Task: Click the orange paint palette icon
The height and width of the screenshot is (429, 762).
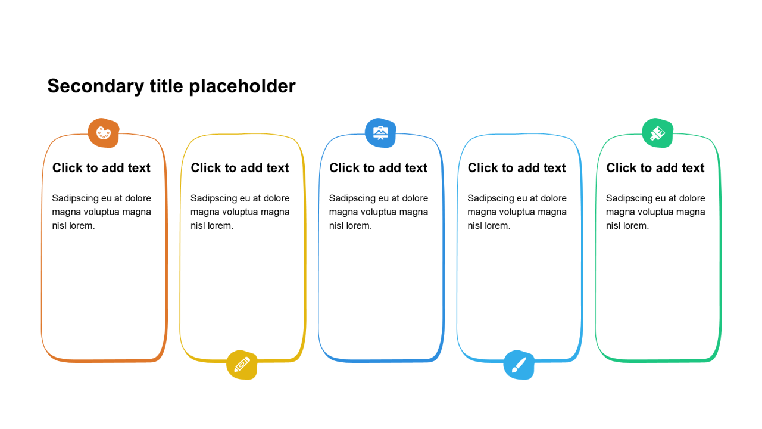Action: click(x=104, y=133)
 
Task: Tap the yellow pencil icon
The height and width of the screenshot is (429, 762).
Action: click(x=242, y=365)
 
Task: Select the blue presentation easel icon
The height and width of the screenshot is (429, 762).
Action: click(x=380, y=133)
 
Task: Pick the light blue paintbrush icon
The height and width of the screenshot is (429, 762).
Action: click(x=519, y=365)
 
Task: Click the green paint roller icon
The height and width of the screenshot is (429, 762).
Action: click(x=657, y=133)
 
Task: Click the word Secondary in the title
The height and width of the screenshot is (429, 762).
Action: click(x=95, y=86)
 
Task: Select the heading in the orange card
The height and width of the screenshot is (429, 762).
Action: click(x=101, y=168)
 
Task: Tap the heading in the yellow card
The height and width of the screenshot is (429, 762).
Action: click(x=240, y=168)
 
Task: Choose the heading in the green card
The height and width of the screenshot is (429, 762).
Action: click(x=655, y=168)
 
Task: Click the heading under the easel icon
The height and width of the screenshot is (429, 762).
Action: click(x=379, y=168)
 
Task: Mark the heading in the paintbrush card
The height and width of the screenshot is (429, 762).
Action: click(x=517, y=168)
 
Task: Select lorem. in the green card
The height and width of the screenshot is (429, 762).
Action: click(x=636, y=226)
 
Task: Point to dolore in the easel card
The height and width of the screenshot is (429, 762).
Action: click(x=415, y=198)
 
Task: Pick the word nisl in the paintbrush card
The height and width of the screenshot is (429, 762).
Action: click(x=475, y=226)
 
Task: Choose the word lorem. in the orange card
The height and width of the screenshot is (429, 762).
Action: click(x=82, y=226)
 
